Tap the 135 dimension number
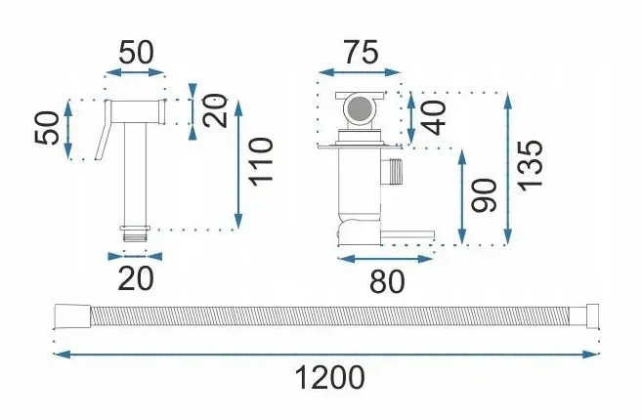[531, 167]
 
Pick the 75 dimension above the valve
[361, 54]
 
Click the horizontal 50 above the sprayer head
[137, 54]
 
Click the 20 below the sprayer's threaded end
[136, 278]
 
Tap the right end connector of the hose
[588, 315]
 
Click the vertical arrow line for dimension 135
[508, 167]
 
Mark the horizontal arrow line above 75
[361, 72]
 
